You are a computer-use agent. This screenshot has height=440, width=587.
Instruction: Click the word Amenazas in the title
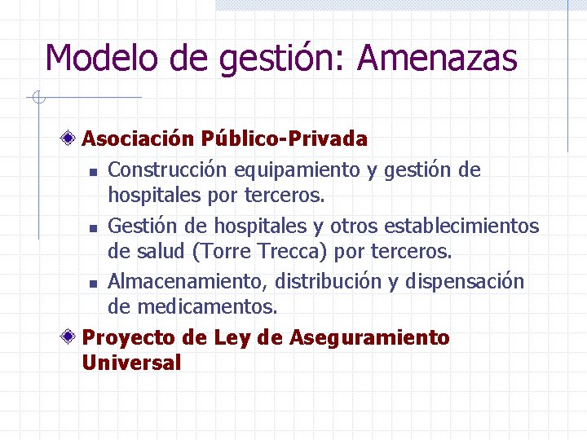pyautogui.click(x=437, y=59)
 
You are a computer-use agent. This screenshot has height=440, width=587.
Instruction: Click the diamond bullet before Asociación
pyautogui.click(x=72, y=139)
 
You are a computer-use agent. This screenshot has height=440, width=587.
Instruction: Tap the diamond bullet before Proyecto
pyautogui.click(x=72, y=337)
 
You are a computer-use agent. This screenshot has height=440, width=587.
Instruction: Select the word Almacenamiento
pyautogui.click(x=188, y=281)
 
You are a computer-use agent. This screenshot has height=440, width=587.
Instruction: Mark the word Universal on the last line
pyautogui.click(x=131, y=363)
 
